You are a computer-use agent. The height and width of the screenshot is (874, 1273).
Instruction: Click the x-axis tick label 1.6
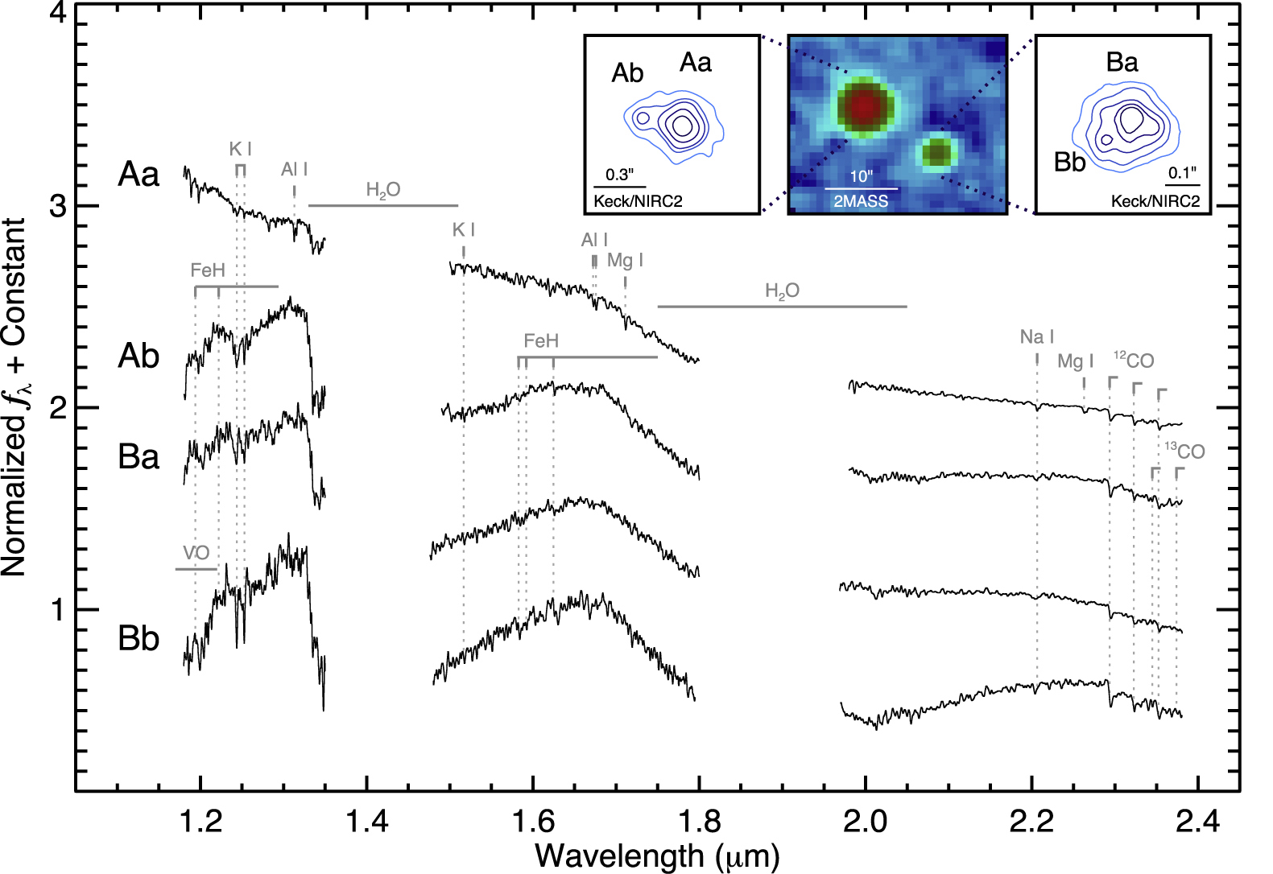coord(532,822)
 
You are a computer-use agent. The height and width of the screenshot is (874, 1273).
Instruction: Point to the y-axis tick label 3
coord(57,206)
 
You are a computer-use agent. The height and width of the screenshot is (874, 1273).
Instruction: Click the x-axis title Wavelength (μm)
coord(656,855)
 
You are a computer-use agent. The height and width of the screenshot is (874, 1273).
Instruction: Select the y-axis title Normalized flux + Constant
coord(16,397)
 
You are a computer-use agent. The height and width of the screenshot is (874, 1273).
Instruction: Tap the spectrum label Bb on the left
coord(138,638)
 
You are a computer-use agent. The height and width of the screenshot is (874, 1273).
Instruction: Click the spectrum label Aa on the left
coord(138,174)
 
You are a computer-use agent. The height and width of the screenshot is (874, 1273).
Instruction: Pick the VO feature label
coord(196,553)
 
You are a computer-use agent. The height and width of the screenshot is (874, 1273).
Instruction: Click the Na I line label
coord(1036,337)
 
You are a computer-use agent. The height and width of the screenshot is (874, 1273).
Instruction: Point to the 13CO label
coord(1184,451)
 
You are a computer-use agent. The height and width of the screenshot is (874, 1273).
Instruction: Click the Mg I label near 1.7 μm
coord(625,260)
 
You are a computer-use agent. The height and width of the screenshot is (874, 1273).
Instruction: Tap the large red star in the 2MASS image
coord(863,106)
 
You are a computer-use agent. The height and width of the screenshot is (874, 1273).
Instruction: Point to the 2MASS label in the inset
coord(861,201)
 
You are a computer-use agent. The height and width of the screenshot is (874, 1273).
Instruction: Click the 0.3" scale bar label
coord(619,175)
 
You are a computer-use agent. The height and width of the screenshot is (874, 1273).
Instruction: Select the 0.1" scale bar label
coord(1182,173)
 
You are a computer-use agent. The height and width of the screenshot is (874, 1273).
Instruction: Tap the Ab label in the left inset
coord(627,73)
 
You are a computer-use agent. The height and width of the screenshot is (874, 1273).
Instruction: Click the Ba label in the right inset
coord(1122,63)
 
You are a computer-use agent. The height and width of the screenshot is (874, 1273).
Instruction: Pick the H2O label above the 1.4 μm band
coord(382,190)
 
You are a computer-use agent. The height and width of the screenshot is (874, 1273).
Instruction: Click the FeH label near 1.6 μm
coord(541,341)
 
